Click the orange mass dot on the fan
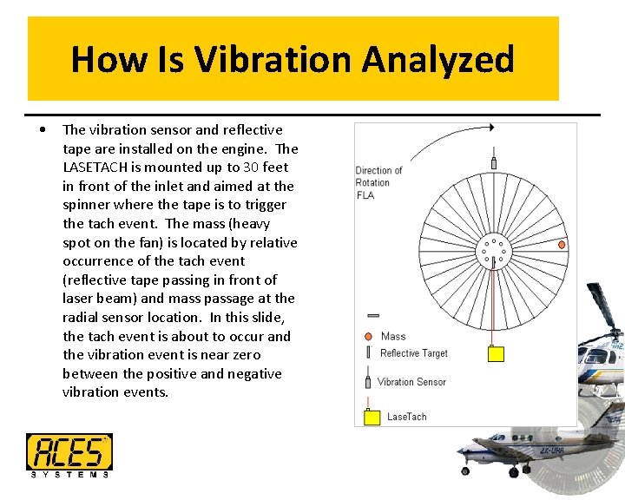562,246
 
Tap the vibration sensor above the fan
494,161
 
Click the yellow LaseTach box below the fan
495,354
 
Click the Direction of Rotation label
378,176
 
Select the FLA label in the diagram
365,195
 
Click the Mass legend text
393,336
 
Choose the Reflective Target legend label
414,353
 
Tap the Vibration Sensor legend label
411,382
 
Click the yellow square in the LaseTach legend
372,418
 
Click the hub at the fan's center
493,251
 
